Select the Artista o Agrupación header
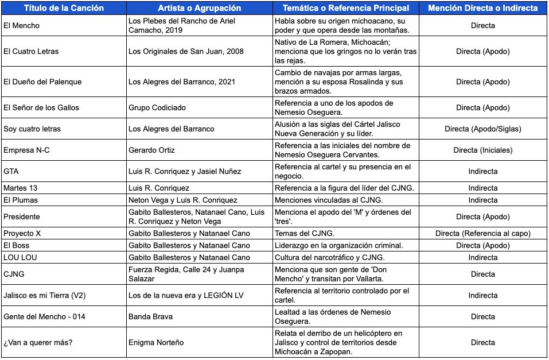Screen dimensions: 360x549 pyautogui.click(x=200, y=8)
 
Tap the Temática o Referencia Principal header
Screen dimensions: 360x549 pyautogui.click(x=346, y=8)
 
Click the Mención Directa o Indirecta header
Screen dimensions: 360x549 pyautogui.click(x=482, y=8)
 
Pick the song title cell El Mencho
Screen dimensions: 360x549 pyautogui.click(x=22, y=26)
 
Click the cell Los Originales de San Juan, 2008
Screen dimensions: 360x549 pyautogui.click(x=186, y=51)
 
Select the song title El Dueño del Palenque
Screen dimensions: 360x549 pyautogui.click(x=42, y=82)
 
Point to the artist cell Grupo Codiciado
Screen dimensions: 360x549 pyautogui.click(x=157, y=107)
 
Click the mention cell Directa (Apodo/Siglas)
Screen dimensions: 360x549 pyautogui.click(x=482, y=129)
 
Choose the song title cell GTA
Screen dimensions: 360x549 pyautogui.click(x=11, y=171)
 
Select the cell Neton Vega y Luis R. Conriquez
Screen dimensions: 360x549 pyautogui.click(x=182, y=200)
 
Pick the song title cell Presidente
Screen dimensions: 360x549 pyautogui.click(x=22, y=216)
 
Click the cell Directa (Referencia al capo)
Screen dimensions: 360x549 pyautogui.click(x=482, y=233)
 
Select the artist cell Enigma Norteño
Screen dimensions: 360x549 pyautogui.click(x=156, y=342)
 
